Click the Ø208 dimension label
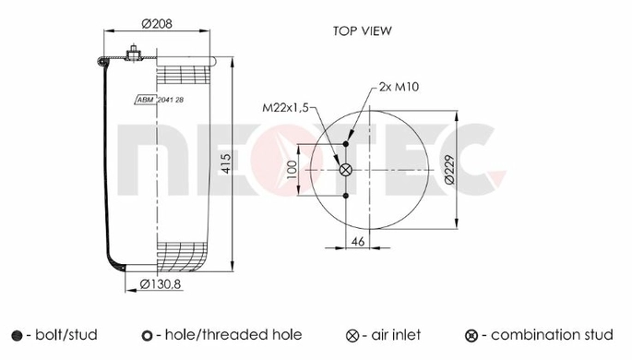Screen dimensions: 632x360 [157, 24]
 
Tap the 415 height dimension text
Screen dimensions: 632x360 [227, 163]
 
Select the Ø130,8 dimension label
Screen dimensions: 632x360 [160, 284]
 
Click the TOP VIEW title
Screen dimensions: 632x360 [362, 31]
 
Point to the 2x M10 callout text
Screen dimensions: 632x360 [399, 87]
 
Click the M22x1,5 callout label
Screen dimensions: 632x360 [285, 108]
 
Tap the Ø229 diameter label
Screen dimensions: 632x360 [449, 170]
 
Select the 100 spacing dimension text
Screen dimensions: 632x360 [292, 170]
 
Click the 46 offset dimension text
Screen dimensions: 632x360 [358, 241]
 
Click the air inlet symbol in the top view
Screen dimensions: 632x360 [346, 170]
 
